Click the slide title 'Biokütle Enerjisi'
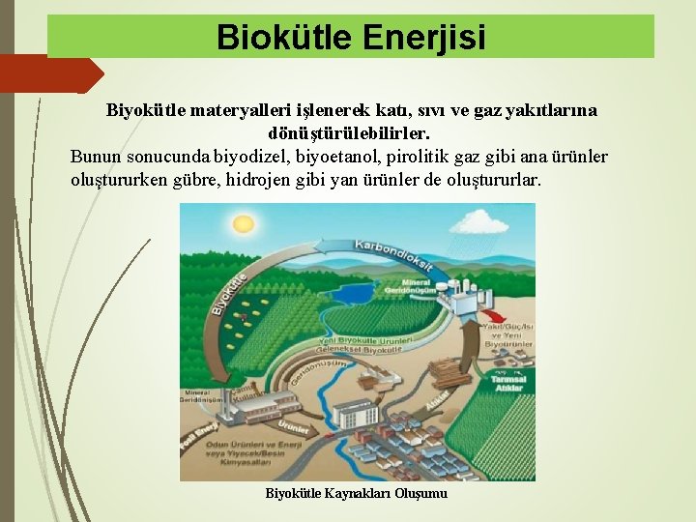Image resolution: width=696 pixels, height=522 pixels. click(x=351, y=37)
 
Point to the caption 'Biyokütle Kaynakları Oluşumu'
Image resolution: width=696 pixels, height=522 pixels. click(x=356, y=494)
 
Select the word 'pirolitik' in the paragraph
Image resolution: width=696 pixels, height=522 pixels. click(x=419, y=157)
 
